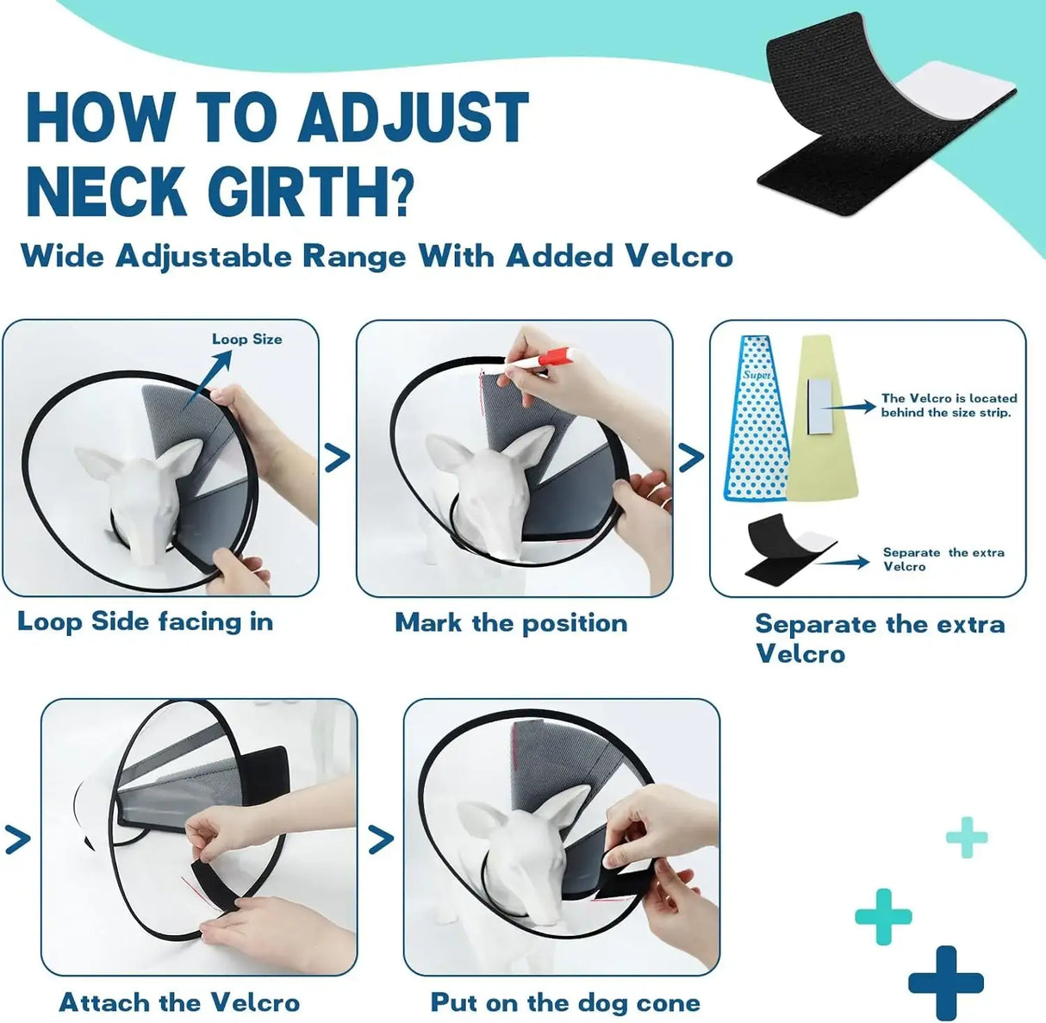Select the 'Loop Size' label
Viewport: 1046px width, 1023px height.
(x=246, y=339)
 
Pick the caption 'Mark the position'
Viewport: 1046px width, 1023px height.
(x=511, y=622)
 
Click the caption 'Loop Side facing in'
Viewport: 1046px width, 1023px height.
(x=145, y=621)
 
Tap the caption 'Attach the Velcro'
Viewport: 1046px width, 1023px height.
(x=179, y=1002)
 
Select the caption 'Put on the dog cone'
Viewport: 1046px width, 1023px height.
(x=565, y=1002)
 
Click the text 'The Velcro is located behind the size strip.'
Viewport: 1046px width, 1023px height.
(x=949, y=405)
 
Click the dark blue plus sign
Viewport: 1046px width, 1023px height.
(x=946, y=982)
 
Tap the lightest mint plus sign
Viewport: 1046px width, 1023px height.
(x=967, y=837)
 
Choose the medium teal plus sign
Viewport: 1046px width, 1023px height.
(x=883, y=916)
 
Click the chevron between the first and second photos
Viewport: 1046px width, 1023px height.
(x=338, y=457)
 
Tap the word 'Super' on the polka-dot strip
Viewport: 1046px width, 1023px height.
(x=756, y=377)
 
